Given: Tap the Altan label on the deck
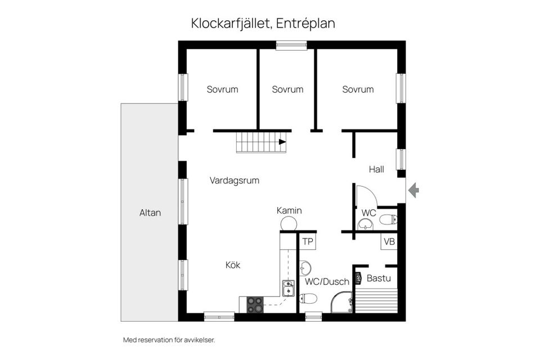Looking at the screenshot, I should [x=150, y=213].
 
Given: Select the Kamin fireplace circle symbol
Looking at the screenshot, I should [x=289, y=224].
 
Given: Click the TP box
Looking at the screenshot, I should [x=307, y=241].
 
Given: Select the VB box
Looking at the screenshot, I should [x=389, y=241].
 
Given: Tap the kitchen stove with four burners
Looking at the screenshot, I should [x=255, y=304].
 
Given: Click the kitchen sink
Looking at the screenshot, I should [x=288, y=288].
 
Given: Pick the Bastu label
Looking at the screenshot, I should [x=378, y=278].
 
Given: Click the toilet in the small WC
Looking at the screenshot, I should [x=388, y=219].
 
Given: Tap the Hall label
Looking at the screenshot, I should [x=376, y=169].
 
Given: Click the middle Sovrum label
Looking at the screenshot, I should [x=287, y=89].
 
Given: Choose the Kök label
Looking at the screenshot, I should [x=233, y=265].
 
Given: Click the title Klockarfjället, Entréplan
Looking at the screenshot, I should [x=263, y=24].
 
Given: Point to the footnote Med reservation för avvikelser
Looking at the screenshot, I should [x=169, y=340].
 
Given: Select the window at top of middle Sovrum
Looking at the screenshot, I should [x=291, y=45].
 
